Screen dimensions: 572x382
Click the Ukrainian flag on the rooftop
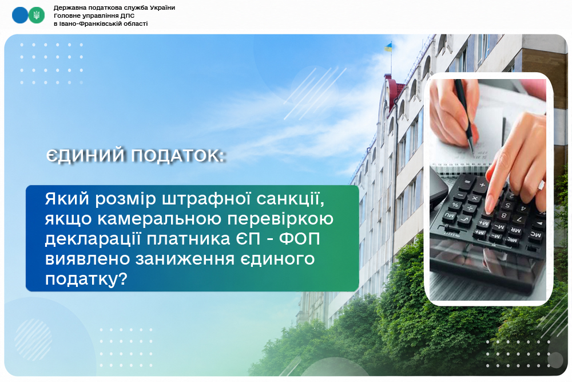point(388,47)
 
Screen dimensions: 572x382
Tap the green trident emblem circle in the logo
point(37,15)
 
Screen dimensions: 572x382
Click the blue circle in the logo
point(19,15)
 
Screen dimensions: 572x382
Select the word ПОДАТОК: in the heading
point(178,156)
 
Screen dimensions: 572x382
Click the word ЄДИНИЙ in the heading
point(86,156)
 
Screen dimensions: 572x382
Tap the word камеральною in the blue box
point(160,219)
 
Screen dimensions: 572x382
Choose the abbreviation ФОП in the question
point(300,239)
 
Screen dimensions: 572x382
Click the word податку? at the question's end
point(86,279)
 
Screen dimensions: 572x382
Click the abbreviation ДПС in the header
point(128,15)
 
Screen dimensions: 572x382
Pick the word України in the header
point(162,7)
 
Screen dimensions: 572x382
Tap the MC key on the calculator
point(535,234)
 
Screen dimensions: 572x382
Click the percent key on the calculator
point(455,205)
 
